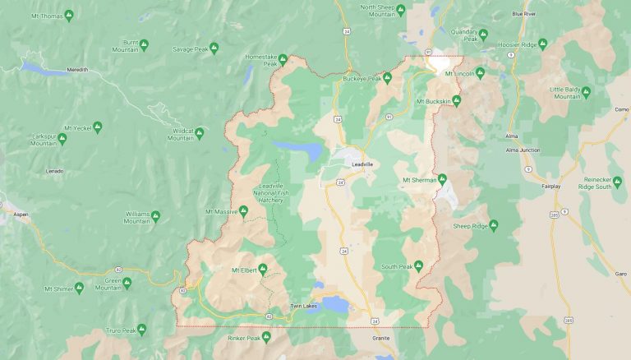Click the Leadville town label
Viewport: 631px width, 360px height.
tap(362, 164)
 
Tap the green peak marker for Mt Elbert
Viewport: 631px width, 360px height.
tap(263, 269)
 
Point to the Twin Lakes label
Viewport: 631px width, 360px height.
tap(303, 307)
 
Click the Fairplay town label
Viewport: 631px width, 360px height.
tap(550, 187)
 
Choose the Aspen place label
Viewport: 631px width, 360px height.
tap(21, 214)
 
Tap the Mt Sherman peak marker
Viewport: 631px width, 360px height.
tap(442, 179)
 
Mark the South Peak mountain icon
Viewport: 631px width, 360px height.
tap(418, 266)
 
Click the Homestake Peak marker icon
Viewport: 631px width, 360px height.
tap(283, 58)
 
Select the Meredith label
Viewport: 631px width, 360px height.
tap(77, 70)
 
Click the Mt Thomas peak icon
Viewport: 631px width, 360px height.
tap(68, 16)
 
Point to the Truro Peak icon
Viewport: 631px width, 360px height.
tap(141, 330)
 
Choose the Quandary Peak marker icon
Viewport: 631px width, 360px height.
tap(483, 35)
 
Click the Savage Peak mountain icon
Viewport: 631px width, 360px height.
tap(214, 48)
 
